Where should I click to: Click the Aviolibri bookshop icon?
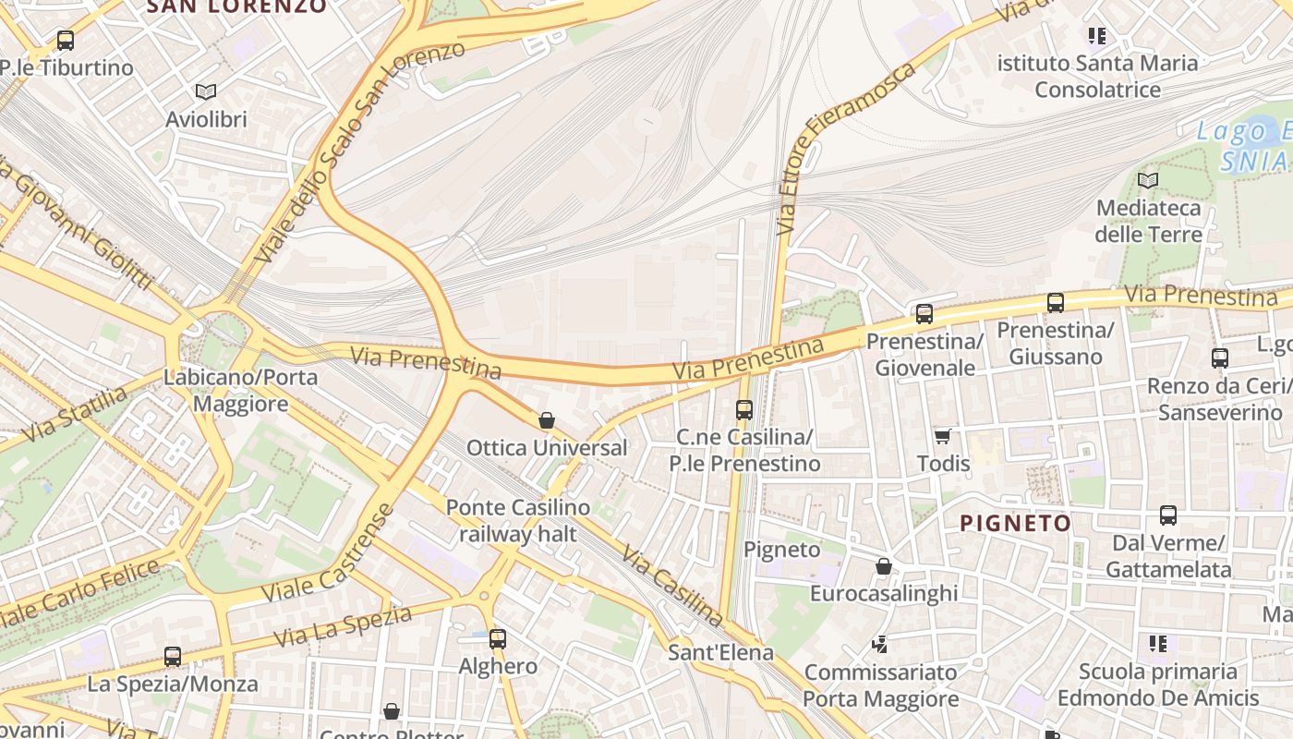[x=205, y=91]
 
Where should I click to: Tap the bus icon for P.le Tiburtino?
[x=66, y=41]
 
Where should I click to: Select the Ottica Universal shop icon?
[x=547, y=421]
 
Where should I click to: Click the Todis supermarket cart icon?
[x=942, y=436]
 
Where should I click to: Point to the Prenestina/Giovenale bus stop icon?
[x=924, y=314]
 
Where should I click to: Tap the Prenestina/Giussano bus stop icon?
[x=1056, y=302]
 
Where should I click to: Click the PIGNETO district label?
[x=1015, y=524]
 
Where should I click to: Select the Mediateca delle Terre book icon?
[x=1148, y=180]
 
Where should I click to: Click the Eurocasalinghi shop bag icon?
[x=884, y=566]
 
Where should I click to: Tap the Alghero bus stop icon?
[x=498, y=638]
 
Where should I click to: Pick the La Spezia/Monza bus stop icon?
[x=173, y=657]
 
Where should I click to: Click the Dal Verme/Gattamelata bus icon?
[x=1168, y=515]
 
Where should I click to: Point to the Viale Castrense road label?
[x=329, y=553]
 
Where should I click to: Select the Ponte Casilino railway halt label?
[x=517, y=521]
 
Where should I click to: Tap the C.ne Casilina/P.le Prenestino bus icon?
[x=744, y=409]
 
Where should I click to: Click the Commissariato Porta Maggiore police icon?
[x=880, y=644]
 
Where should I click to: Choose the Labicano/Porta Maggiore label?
[x=240, y=390]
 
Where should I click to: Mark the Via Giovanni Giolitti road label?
[x=79, y=222]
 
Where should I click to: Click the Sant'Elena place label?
[x=720, y=652]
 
